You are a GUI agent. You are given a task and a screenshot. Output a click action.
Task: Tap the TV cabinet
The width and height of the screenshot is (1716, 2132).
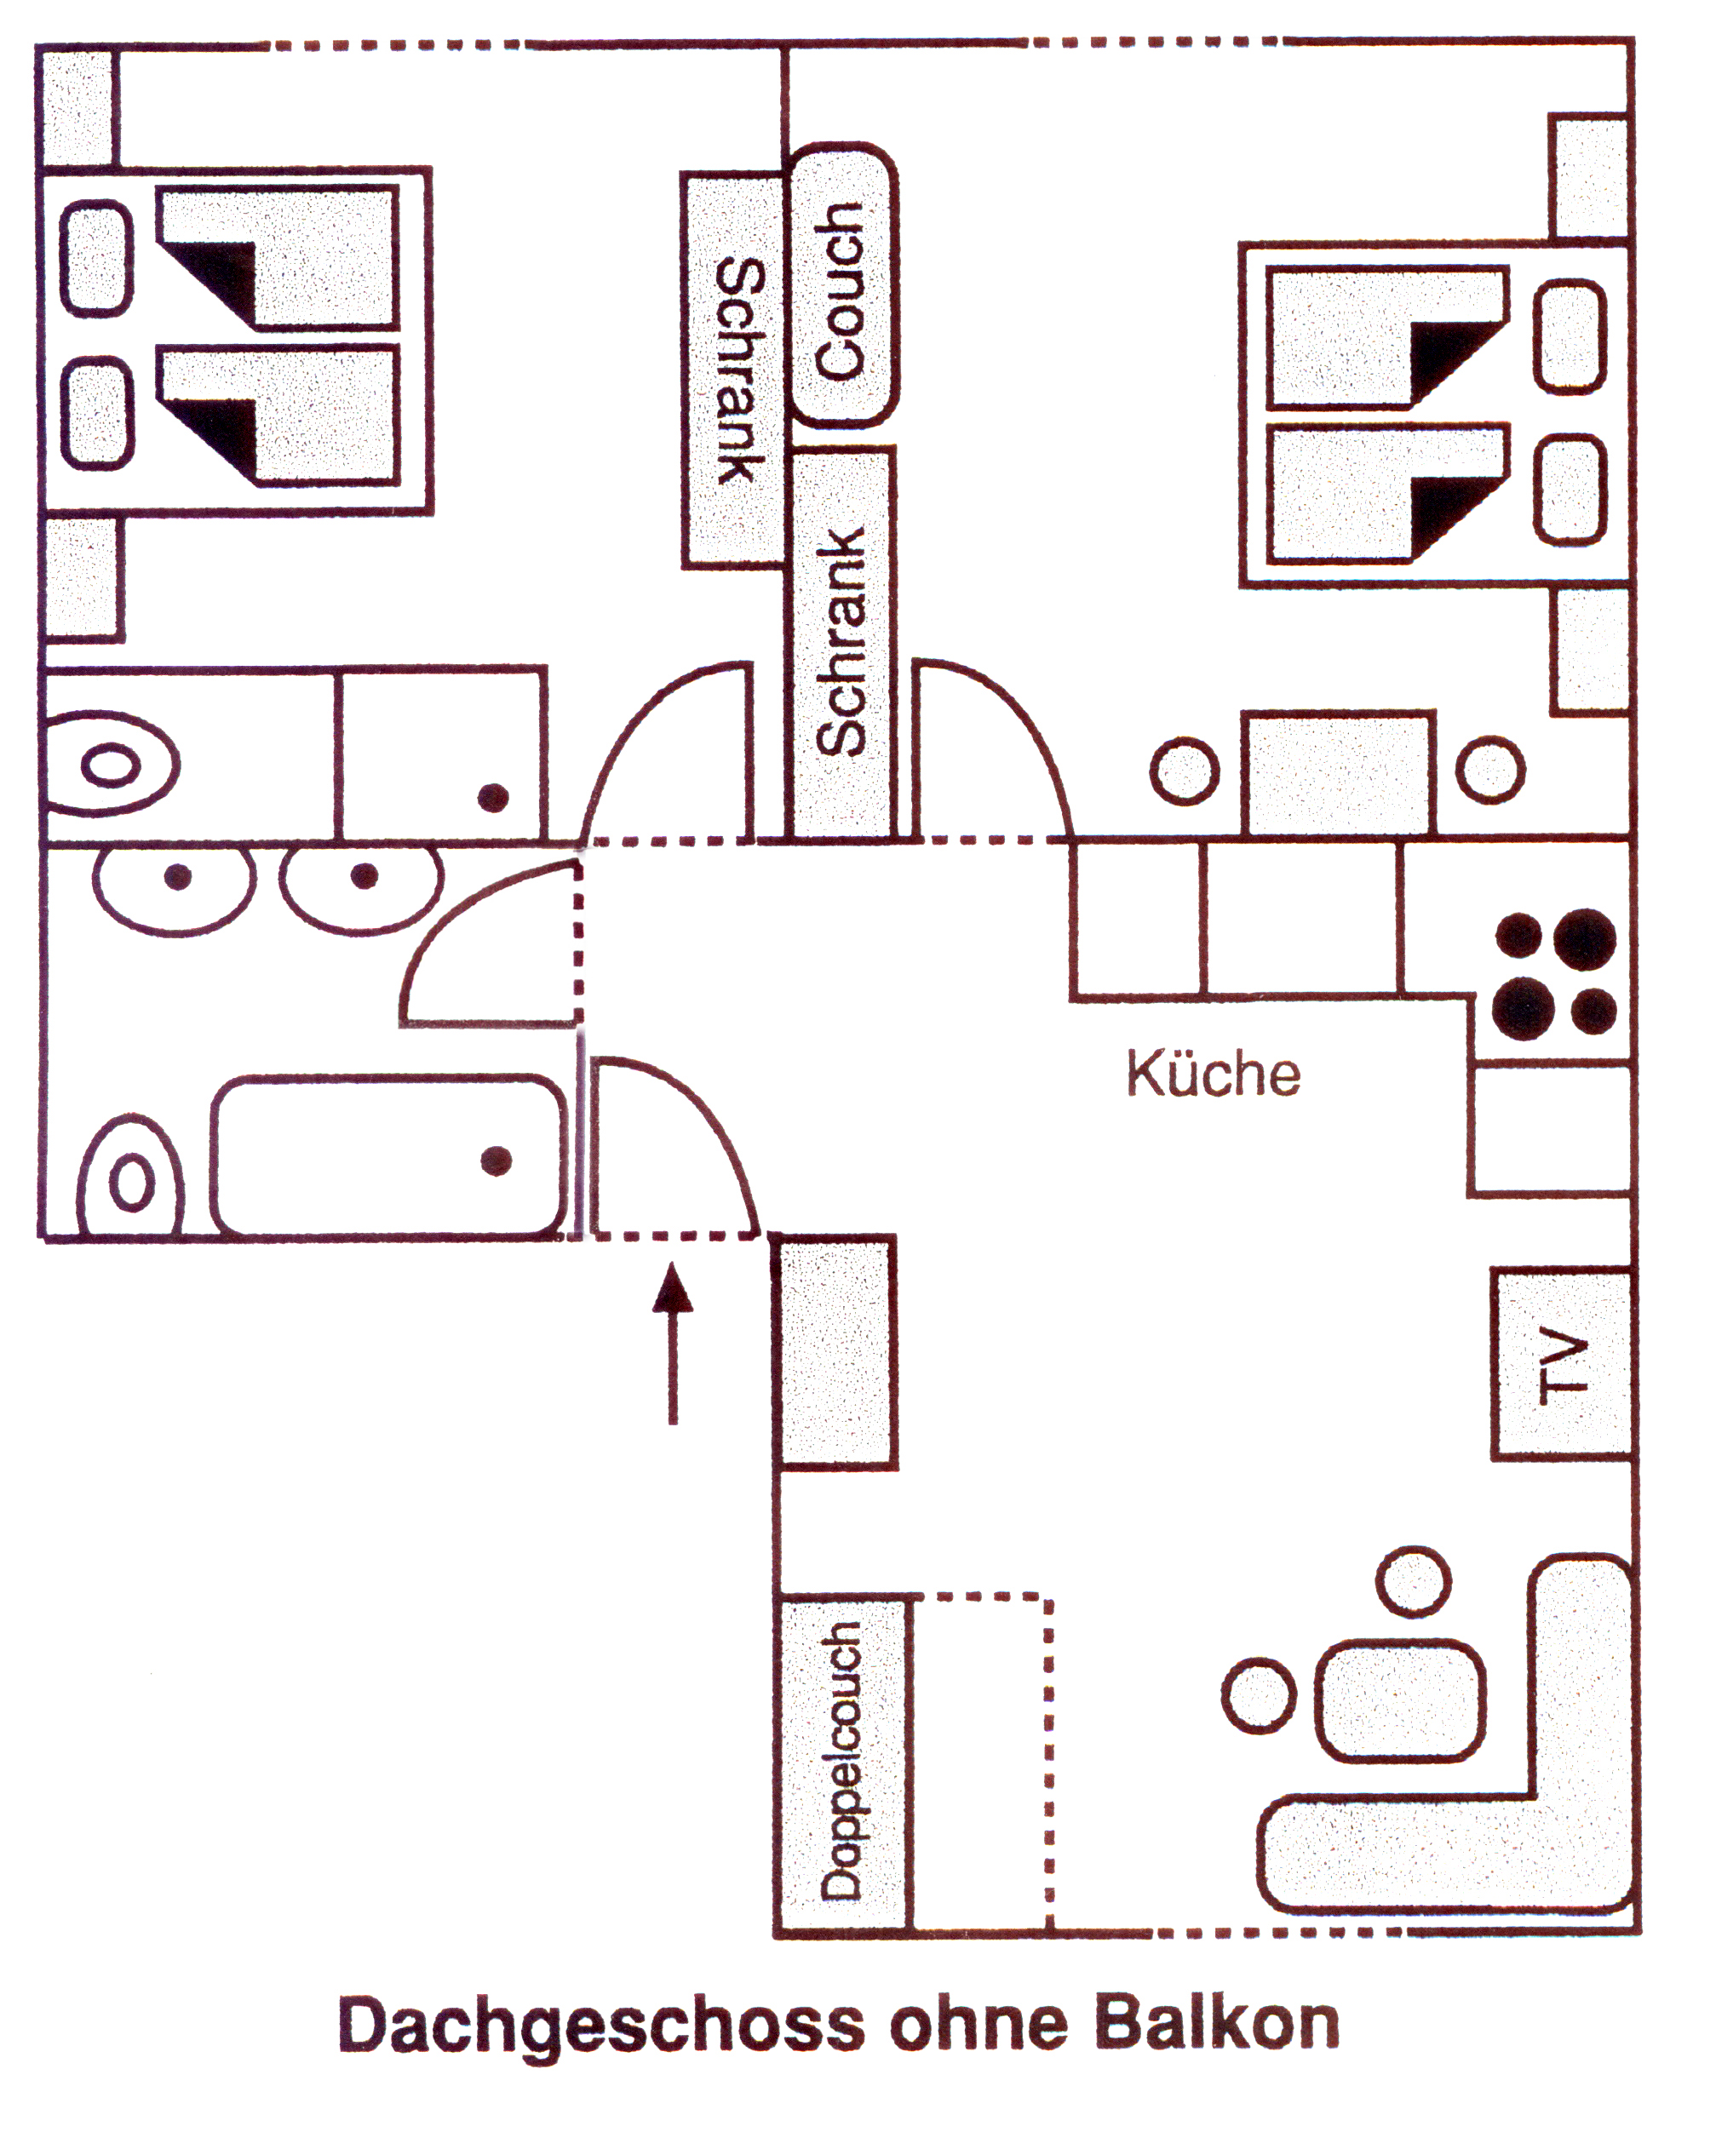(x=1561, y=1364)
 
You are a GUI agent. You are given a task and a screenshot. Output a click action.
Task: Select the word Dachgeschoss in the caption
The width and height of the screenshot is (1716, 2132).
(x=600, y=2027)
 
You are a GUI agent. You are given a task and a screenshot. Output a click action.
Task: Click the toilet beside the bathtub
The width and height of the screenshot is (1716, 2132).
(x=130, y=1178)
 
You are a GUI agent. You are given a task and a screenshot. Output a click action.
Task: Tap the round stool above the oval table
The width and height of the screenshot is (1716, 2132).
(x=1414, y=1582)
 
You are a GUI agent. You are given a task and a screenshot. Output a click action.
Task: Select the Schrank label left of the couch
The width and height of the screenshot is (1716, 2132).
(x=740, y=371)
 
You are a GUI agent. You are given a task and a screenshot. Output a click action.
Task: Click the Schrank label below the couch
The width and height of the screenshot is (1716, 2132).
(x=840, y=643)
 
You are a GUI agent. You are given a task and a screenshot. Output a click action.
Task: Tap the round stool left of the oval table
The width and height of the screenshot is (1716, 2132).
(x=1258, y=1695)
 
